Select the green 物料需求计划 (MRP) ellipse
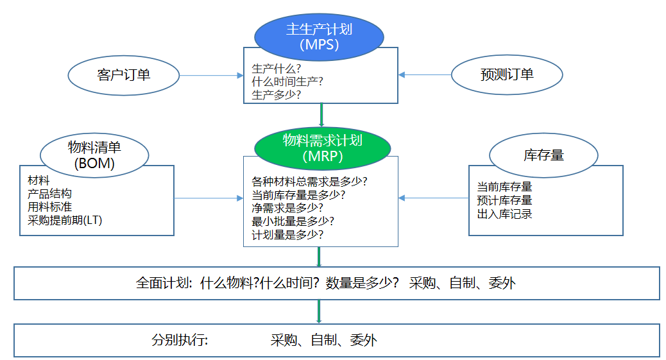tap(322, 148)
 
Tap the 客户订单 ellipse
tap(123, 75)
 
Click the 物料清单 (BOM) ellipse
tap(94, 155)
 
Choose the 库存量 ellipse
tap(543, 155)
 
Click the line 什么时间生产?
tap(287, 81)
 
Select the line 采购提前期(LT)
tap(65, 220)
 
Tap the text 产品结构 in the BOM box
tap(49, 194)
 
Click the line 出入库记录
tap(504, 214)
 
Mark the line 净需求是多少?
tap(287, 208)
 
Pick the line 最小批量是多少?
tap(293, 221)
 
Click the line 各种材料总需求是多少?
tap(314, 181)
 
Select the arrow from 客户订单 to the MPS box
tap(211, 75)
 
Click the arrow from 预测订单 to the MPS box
tap(425, 75)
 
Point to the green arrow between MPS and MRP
tap(321, 116)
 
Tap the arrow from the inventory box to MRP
tap(434, 198)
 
